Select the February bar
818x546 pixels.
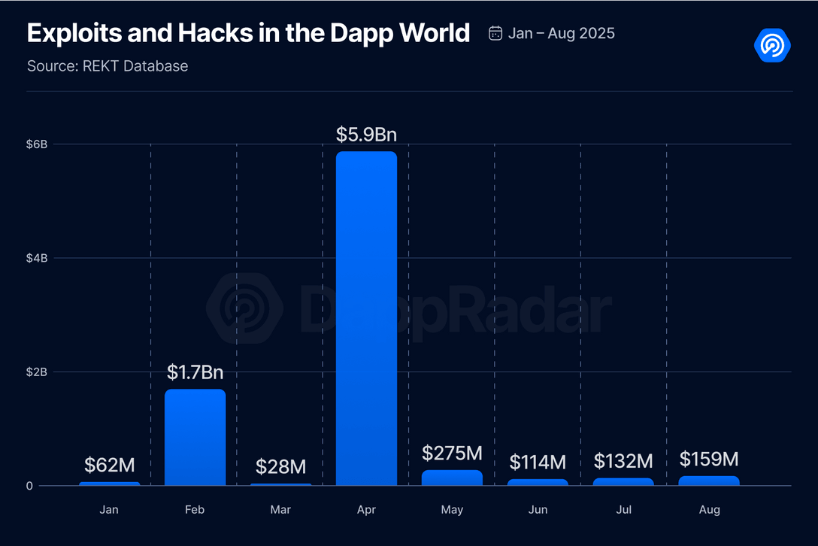195,437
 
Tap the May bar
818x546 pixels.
452,478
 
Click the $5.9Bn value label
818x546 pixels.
366,135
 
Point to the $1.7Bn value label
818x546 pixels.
195,372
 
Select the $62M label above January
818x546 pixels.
110,466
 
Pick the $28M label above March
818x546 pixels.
280,466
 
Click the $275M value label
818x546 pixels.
452,453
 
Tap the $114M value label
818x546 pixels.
538,462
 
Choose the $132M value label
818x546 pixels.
623,461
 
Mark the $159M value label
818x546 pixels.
709,459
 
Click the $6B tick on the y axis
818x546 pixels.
38,144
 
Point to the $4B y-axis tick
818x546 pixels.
38,258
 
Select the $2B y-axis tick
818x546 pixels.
38,372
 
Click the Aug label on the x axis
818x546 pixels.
709,510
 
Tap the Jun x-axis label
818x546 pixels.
538,510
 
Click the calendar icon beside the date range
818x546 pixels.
495,33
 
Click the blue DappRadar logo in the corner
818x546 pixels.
772,46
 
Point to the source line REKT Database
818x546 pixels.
108,66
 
